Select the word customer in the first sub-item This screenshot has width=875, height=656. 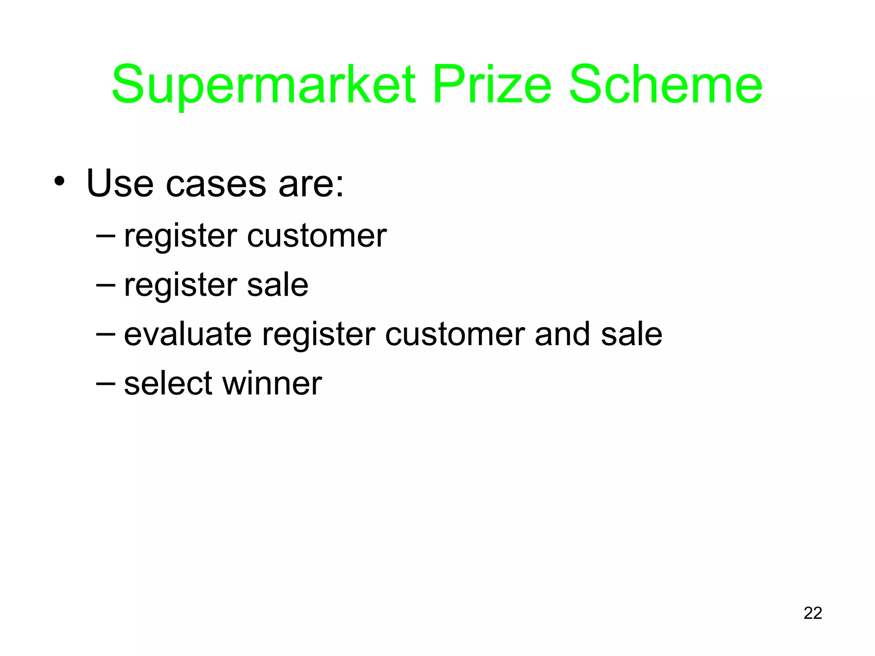[317, 236]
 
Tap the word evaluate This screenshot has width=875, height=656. [188, 334]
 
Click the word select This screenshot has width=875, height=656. [168, 383]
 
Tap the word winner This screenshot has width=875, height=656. [272, 383]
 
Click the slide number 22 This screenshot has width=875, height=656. [813, 613]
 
